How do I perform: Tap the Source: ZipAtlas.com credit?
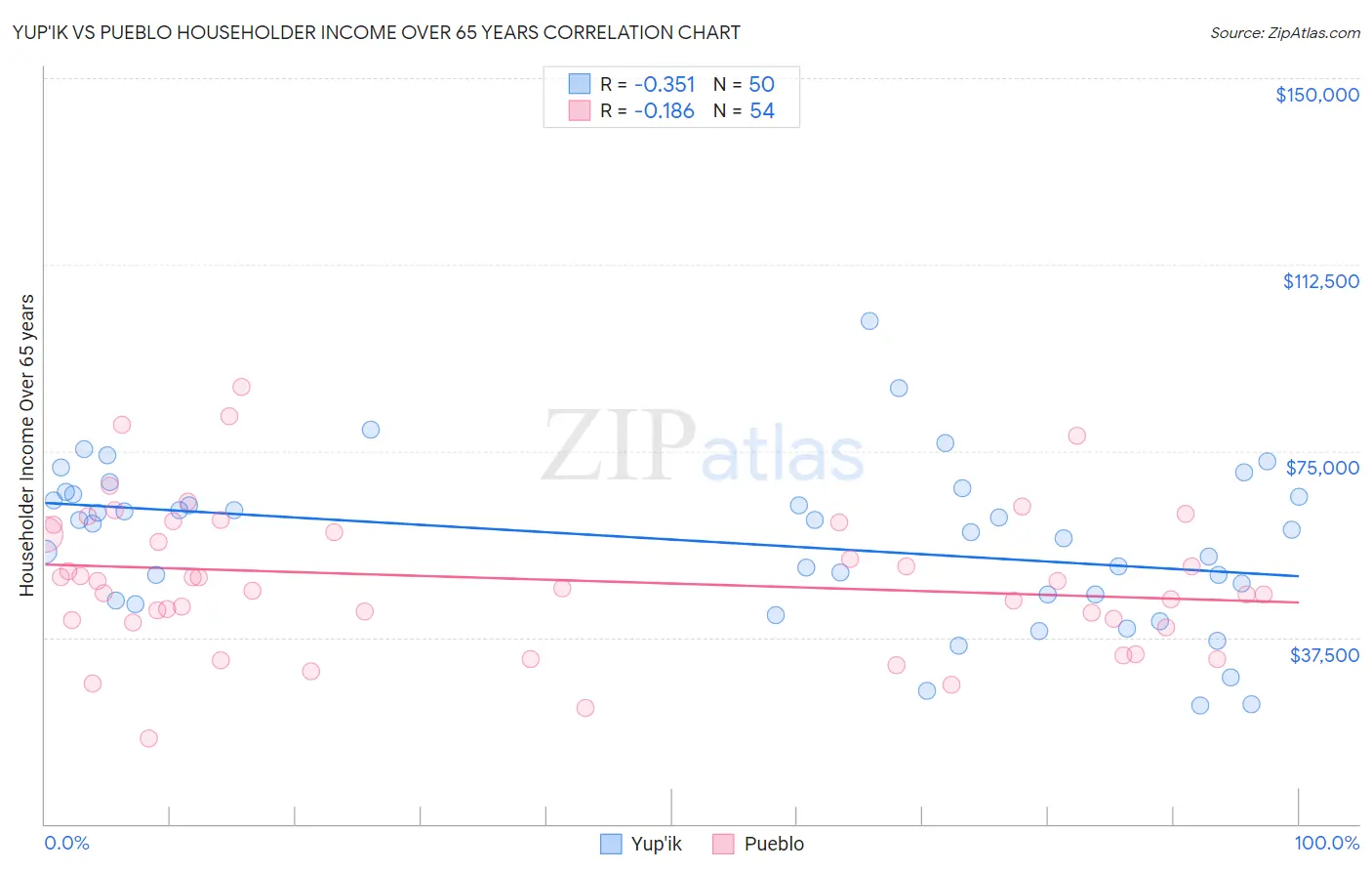[1284, 32]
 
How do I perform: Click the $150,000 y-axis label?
[1316, 95]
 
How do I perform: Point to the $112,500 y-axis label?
[1320, 281]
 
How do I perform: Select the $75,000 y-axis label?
[1322, 468]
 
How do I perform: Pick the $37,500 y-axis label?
[1324, 655]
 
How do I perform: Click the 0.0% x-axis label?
[66, 843]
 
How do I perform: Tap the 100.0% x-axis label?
[1326, 843]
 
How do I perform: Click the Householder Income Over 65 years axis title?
[27, 444]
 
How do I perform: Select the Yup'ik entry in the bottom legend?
[641, 844]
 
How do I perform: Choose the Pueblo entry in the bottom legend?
[758, 844]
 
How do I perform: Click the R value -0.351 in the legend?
[664, 84]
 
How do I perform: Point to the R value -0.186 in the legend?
[664, 111]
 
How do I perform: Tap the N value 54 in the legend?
[762, 111]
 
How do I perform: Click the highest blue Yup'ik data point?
[869, 321]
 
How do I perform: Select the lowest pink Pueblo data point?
[148, 738]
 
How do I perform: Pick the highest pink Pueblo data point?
[241, 387]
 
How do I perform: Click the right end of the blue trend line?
[1299, 576]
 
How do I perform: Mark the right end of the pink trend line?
[1299, 602]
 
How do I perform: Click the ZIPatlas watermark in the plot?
[703, 446]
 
